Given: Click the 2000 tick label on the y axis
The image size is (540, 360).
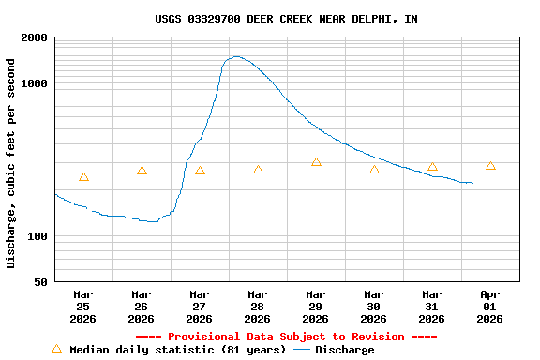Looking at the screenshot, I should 35,37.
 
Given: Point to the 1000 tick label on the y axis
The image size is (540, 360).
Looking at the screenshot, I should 35,83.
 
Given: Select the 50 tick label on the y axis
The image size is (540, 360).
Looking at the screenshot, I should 40,282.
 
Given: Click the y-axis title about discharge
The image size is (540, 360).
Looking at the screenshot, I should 11,163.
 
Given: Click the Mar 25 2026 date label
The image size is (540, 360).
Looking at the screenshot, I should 82,307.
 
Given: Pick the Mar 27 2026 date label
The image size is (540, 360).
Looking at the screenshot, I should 199,307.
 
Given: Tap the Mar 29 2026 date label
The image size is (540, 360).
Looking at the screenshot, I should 315,307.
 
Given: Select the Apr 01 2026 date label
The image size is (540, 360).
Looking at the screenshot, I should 489,307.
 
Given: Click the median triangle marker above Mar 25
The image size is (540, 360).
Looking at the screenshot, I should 83,177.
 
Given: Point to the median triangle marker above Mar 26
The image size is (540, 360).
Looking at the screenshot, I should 142,171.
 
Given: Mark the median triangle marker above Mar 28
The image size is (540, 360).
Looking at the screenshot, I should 258,170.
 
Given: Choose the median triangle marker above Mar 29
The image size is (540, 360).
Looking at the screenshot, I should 316,162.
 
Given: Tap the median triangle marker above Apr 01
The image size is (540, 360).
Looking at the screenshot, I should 490,166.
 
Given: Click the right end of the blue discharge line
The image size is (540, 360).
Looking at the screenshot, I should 472,183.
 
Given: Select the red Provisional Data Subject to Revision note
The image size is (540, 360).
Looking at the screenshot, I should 286,337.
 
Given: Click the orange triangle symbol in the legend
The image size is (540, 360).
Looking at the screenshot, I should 56,349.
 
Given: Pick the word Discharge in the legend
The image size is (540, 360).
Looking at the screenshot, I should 344,350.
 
